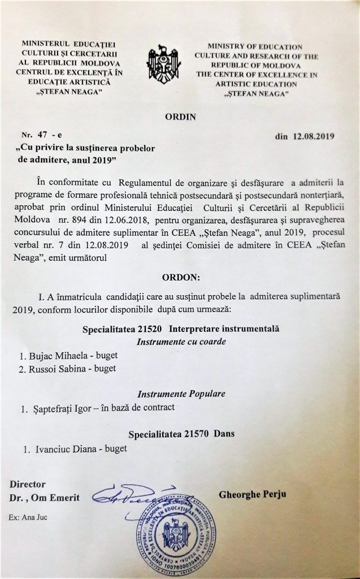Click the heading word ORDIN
click(x=180, y=117)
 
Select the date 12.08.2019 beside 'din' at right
click(x=314, y=136)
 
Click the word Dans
click(x=223, y=434)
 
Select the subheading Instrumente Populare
click(x=179, y=393)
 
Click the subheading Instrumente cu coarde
click(x=179, y=342)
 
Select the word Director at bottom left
click(x=27, y=485)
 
